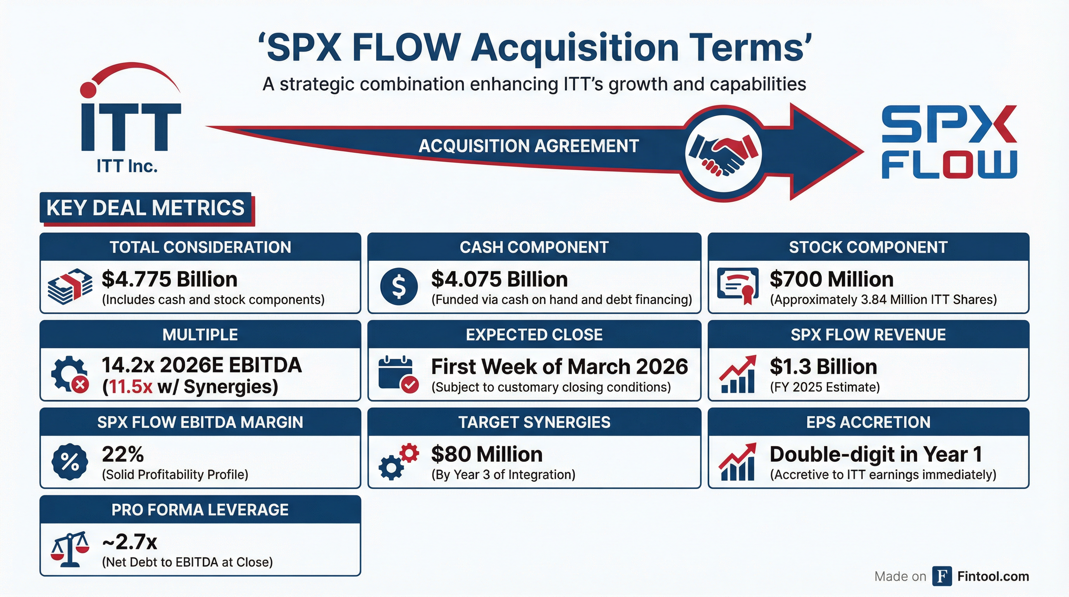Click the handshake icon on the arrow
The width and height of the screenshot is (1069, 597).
(723, 154)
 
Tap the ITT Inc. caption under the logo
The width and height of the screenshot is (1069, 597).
(127, 166)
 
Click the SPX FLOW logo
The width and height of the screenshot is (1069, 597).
(949, 142)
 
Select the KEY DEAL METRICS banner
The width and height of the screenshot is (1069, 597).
(146, 208)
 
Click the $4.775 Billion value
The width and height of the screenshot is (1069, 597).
(169, 279)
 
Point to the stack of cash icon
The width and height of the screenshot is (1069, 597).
(70, 286)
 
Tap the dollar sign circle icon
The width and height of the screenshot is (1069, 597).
(399, 286)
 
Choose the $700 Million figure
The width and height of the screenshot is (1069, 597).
(831, 279)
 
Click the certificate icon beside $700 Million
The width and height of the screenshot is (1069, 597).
(737, 286)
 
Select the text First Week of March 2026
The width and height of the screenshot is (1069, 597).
(559, 367)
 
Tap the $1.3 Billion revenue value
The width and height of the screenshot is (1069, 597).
(824, 367)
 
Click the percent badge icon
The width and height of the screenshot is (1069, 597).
(70, 462)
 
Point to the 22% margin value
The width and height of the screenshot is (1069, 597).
(123, 454)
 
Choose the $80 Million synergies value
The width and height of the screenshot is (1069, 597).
(487, 454)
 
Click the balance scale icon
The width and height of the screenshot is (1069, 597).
(70, 549)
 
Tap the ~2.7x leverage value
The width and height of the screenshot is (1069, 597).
(129, 542)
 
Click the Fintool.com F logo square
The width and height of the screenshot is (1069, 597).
(942, 576)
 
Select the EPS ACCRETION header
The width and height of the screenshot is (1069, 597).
(868, 422)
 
